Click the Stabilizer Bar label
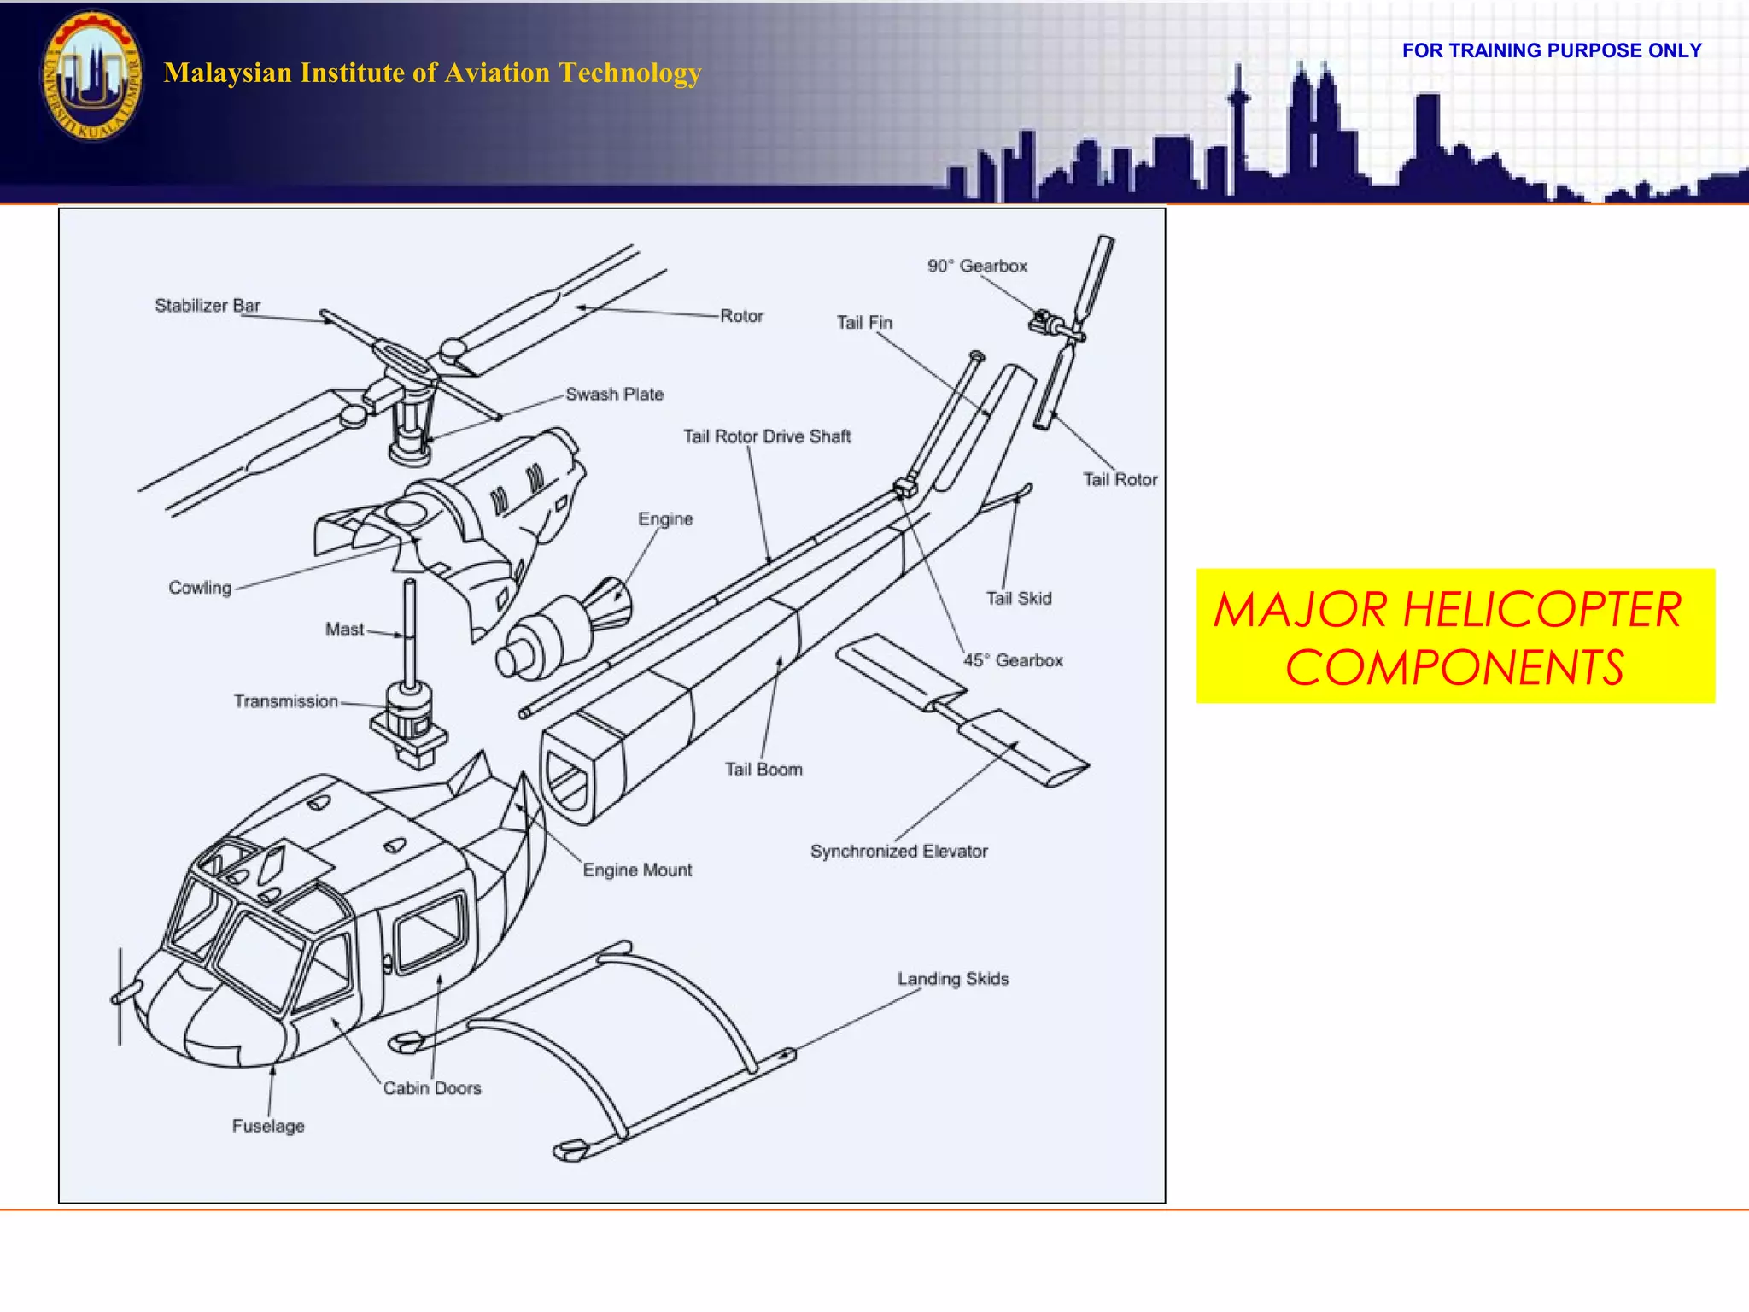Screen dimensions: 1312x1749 point(207,306)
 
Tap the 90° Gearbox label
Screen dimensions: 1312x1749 point(977,266)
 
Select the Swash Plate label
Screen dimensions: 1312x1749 point(614,395)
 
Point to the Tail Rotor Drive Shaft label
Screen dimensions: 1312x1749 point(767,436)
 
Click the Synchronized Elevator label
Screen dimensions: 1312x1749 point(898,852)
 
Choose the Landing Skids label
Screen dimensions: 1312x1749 point(952,979)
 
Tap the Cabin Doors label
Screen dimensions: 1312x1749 point(432,1088)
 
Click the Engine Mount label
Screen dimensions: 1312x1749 point(637,870)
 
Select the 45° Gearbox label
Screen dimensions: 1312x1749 point(1013,660)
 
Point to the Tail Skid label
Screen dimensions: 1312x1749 point(1019,599)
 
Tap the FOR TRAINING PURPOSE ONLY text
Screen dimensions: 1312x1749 point(1552,50)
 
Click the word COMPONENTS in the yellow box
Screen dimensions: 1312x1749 point(1454,668)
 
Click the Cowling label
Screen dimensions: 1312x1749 point(200,588)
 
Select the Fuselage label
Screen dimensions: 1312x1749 point(268,1127)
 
